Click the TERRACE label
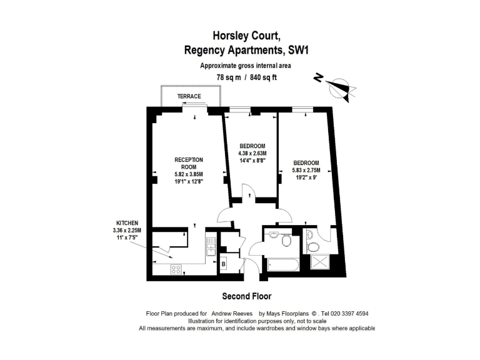pos(189,96)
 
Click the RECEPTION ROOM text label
pos(188,164)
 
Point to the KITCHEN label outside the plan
pos(127,223)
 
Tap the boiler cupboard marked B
pos(224,264)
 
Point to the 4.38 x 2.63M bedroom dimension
pos(252,153)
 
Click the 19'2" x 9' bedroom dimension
pos(306,177)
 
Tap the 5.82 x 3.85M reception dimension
pos(188,174)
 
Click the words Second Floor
pos(247,296)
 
